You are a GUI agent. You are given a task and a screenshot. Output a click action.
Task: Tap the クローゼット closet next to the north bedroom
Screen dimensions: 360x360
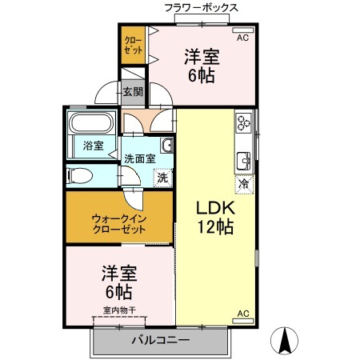pos(132,46)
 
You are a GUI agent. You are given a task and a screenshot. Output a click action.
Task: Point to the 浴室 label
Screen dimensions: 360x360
pos(94,146)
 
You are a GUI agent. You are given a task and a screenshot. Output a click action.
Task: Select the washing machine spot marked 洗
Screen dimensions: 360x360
pos(162,178)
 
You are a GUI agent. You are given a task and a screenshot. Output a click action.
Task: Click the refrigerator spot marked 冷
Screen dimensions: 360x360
pos(242,183)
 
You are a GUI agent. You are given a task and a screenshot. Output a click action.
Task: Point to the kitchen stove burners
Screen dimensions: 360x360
pos(242,123)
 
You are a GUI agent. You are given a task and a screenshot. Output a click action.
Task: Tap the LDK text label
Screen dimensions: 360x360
pos(215,206)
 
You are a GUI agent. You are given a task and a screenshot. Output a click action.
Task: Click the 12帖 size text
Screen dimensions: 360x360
pos(215,227)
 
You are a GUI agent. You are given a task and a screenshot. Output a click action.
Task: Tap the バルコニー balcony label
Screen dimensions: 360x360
pos(160,340)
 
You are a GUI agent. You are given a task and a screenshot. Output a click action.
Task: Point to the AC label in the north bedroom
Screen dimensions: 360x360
pos(242,37)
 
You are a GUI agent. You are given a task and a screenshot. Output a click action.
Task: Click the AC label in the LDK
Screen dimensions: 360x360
pos(243,314)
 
